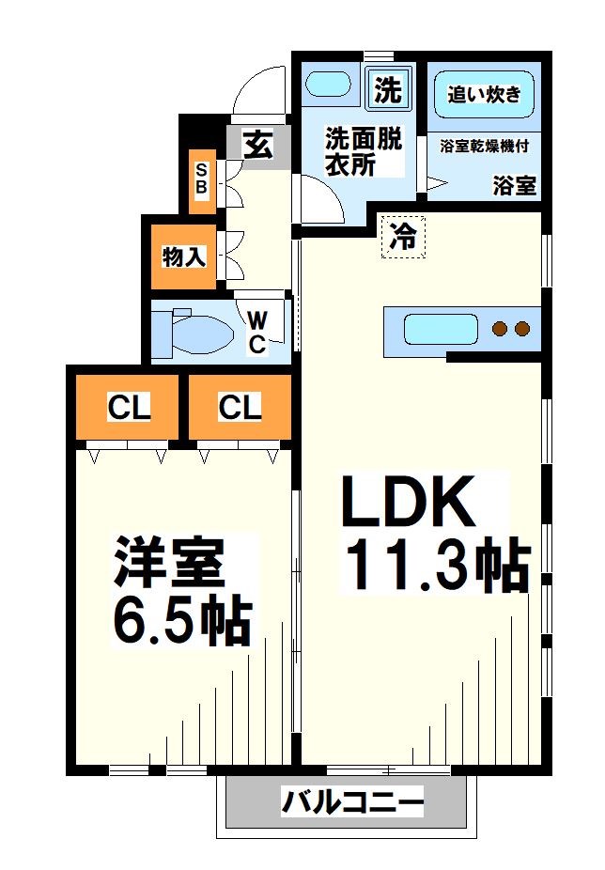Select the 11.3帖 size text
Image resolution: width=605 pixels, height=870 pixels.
click(434, 564)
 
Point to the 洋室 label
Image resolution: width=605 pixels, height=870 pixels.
click(169, 562)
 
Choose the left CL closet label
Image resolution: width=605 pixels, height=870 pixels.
click(129, 408)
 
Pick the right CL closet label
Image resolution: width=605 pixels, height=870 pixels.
click(240, 408)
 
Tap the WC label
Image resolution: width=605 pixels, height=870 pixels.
click(256, 332)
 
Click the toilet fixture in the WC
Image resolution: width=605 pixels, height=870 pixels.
click(193, 332)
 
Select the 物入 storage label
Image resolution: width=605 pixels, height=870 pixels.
click(183, 256)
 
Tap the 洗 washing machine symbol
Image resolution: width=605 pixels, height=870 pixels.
click(387, 89)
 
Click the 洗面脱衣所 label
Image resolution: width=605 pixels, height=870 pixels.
click(363, 151)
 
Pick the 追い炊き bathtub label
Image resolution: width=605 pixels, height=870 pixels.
click(484, 94)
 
